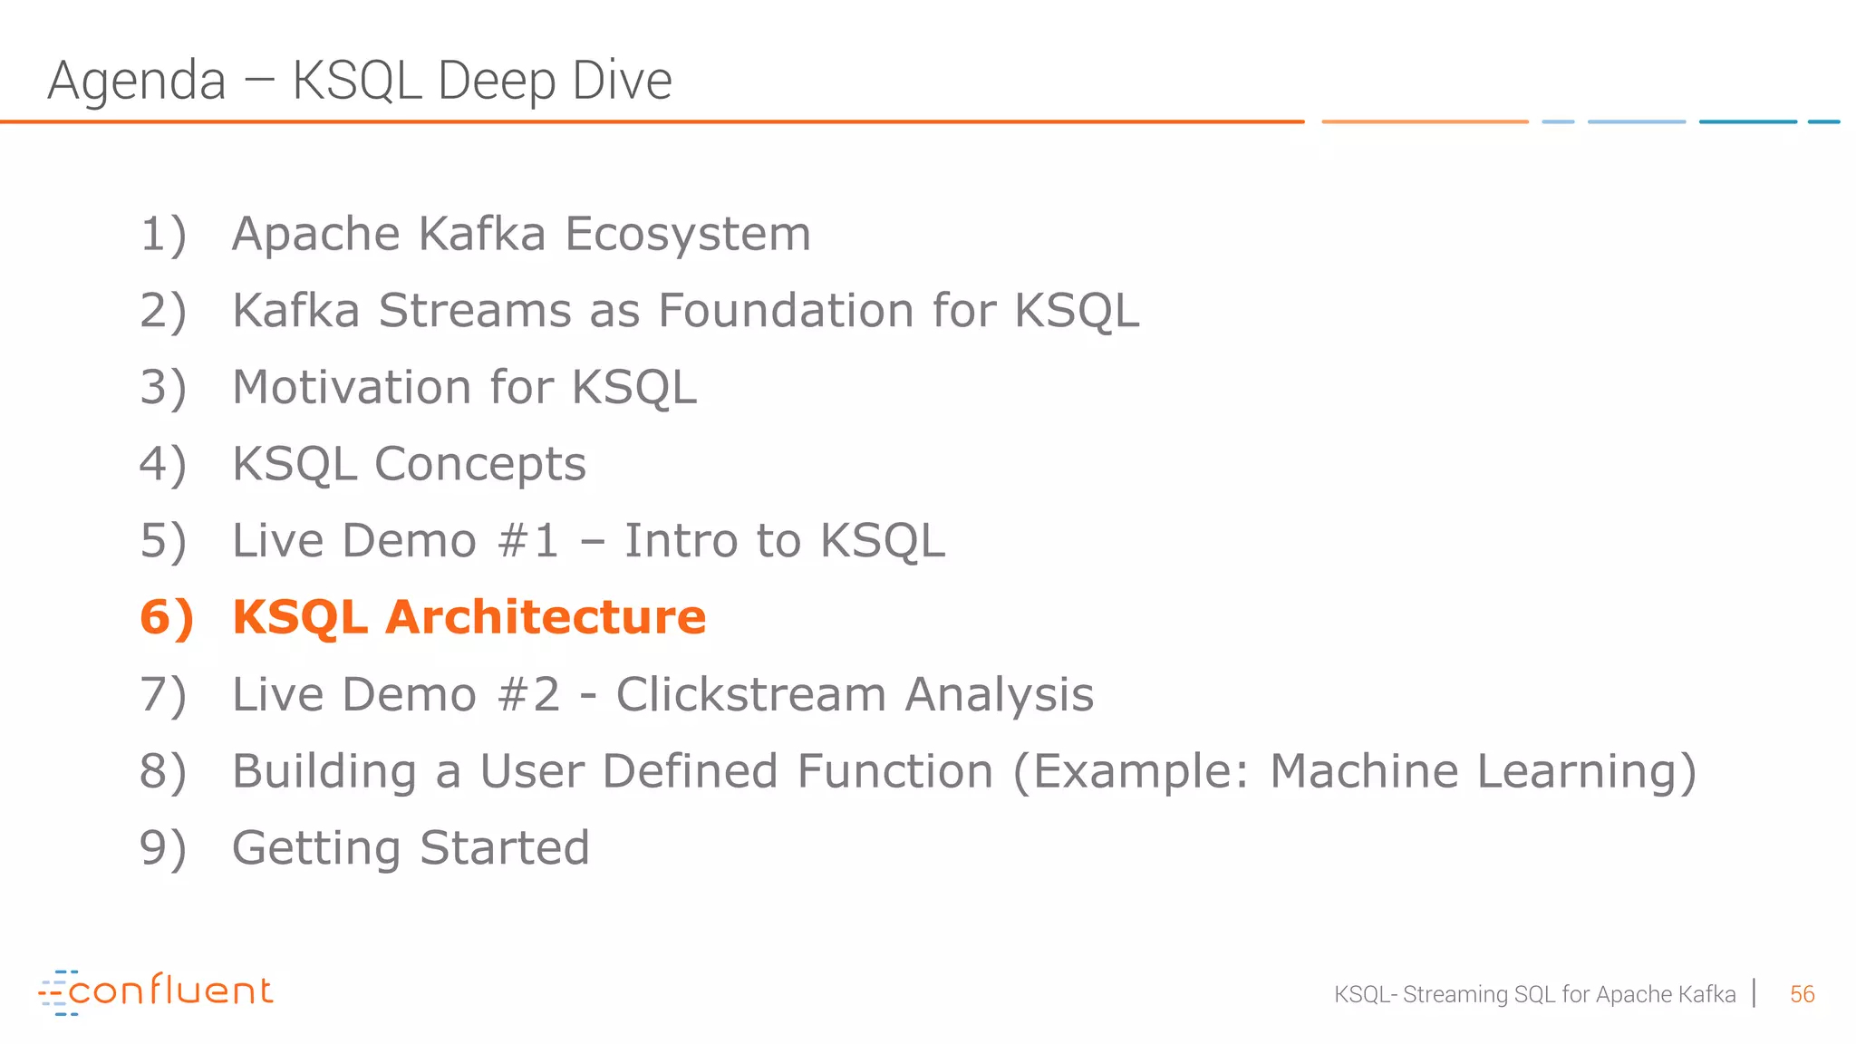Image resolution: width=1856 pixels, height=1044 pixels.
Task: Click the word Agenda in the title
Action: pos(136,81)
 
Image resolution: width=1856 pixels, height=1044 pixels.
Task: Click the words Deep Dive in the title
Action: pos(555,81)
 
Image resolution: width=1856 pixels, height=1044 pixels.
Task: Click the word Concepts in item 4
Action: pos(480,464)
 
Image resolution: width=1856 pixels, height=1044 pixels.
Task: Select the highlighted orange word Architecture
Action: pos(546,617)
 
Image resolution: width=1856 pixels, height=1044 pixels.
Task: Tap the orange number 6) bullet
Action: pos(167,617)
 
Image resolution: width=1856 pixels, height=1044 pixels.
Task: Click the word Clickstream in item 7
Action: pos(751,695)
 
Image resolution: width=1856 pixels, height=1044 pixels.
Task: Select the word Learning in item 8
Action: pos(1586,771)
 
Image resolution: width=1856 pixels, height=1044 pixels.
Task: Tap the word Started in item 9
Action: pos(505,848)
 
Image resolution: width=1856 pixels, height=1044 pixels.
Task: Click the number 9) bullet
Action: pos(163,848)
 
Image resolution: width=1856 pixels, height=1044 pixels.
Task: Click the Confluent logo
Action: pos(156,991)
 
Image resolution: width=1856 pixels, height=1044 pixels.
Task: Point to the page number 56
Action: pos(1802,994)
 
